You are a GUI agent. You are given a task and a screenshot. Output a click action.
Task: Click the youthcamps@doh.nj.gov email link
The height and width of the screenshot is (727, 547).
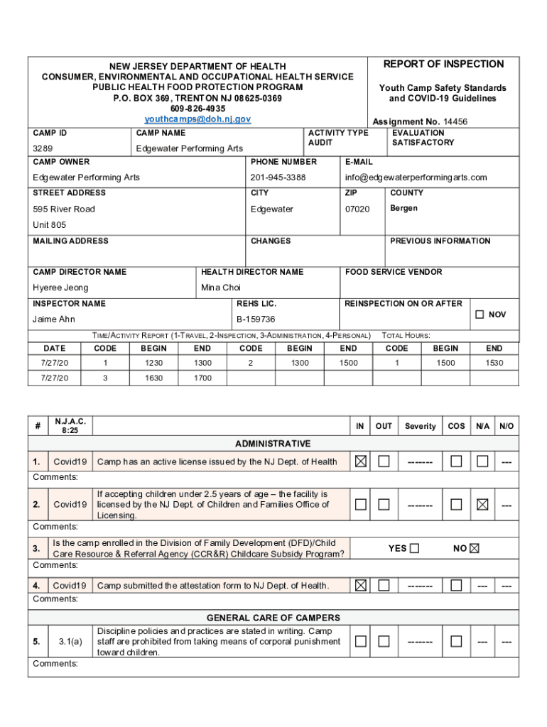[197, 119]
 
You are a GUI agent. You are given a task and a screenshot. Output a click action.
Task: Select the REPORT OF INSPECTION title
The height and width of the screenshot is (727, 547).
[443, 64]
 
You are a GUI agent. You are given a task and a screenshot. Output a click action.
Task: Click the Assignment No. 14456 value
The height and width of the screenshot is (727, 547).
[455, 121]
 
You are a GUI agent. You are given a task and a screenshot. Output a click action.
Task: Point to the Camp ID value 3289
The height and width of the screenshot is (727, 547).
[43, 148]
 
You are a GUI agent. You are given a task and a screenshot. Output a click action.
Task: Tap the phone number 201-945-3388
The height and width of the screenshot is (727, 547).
[278, 177]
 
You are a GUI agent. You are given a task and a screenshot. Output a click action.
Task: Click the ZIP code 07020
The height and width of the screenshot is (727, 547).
[357, 209]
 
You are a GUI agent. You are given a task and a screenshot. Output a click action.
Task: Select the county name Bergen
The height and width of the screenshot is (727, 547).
[404, 208]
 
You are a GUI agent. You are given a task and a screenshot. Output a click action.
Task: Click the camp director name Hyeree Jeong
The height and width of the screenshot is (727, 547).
[60, 288]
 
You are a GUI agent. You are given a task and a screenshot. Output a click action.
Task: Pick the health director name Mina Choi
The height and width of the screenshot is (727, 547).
[221, 288]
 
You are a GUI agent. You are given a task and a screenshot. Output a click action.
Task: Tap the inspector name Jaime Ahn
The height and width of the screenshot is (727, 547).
[53, 319]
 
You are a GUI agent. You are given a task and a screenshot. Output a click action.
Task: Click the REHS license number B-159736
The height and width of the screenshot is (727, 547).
[256, 319]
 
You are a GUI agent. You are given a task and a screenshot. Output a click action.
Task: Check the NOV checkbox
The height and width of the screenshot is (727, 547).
[480, 314]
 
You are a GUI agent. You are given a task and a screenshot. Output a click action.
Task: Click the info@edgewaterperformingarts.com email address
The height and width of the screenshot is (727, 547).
[416, 177]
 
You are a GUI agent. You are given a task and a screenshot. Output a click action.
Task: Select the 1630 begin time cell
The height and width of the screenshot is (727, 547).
[153, 378]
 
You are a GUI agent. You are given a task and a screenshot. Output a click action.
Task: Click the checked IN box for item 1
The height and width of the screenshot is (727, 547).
[361, 461]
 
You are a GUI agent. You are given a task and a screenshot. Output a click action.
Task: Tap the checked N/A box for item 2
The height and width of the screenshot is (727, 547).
[482, 505]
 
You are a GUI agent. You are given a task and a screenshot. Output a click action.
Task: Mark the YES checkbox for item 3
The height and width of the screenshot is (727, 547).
[415, 548]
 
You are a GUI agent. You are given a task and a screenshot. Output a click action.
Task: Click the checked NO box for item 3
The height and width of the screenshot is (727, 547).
[475, 548]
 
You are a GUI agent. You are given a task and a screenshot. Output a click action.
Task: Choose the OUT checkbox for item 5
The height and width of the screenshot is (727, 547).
[384, 641]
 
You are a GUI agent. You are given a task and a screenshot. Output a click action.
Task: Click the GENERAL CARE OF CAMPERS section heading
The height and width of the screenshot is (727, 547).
[273, 618]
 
